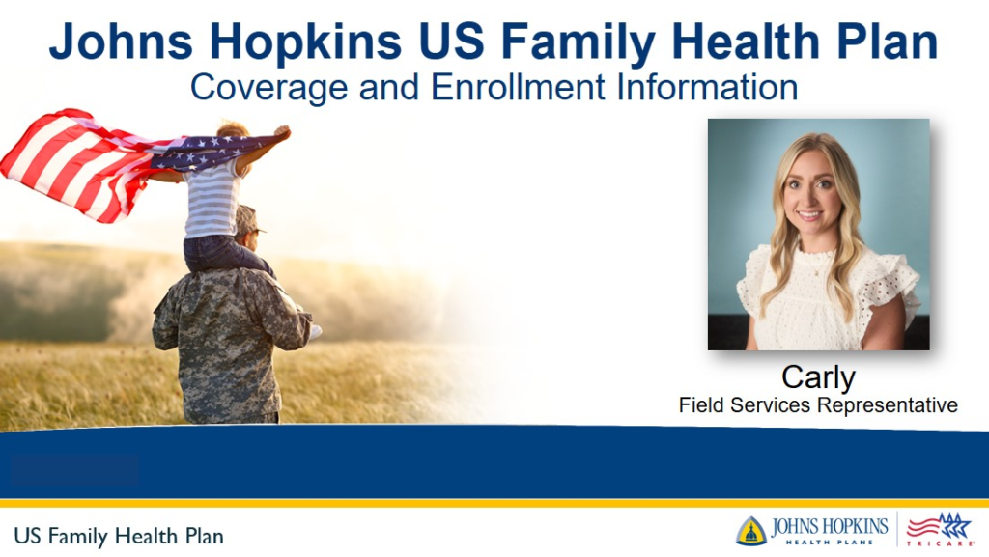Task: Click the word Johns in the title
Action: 124,43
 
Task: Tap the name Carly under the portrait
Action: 818,376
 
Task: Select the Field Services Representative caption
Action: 818,405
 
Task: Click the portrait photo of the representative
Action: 818,234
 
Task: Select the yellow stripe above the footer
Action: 494,503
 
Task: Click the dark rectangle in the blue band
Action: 74,470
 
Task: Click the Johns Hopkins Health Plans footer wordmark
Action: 829,530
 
